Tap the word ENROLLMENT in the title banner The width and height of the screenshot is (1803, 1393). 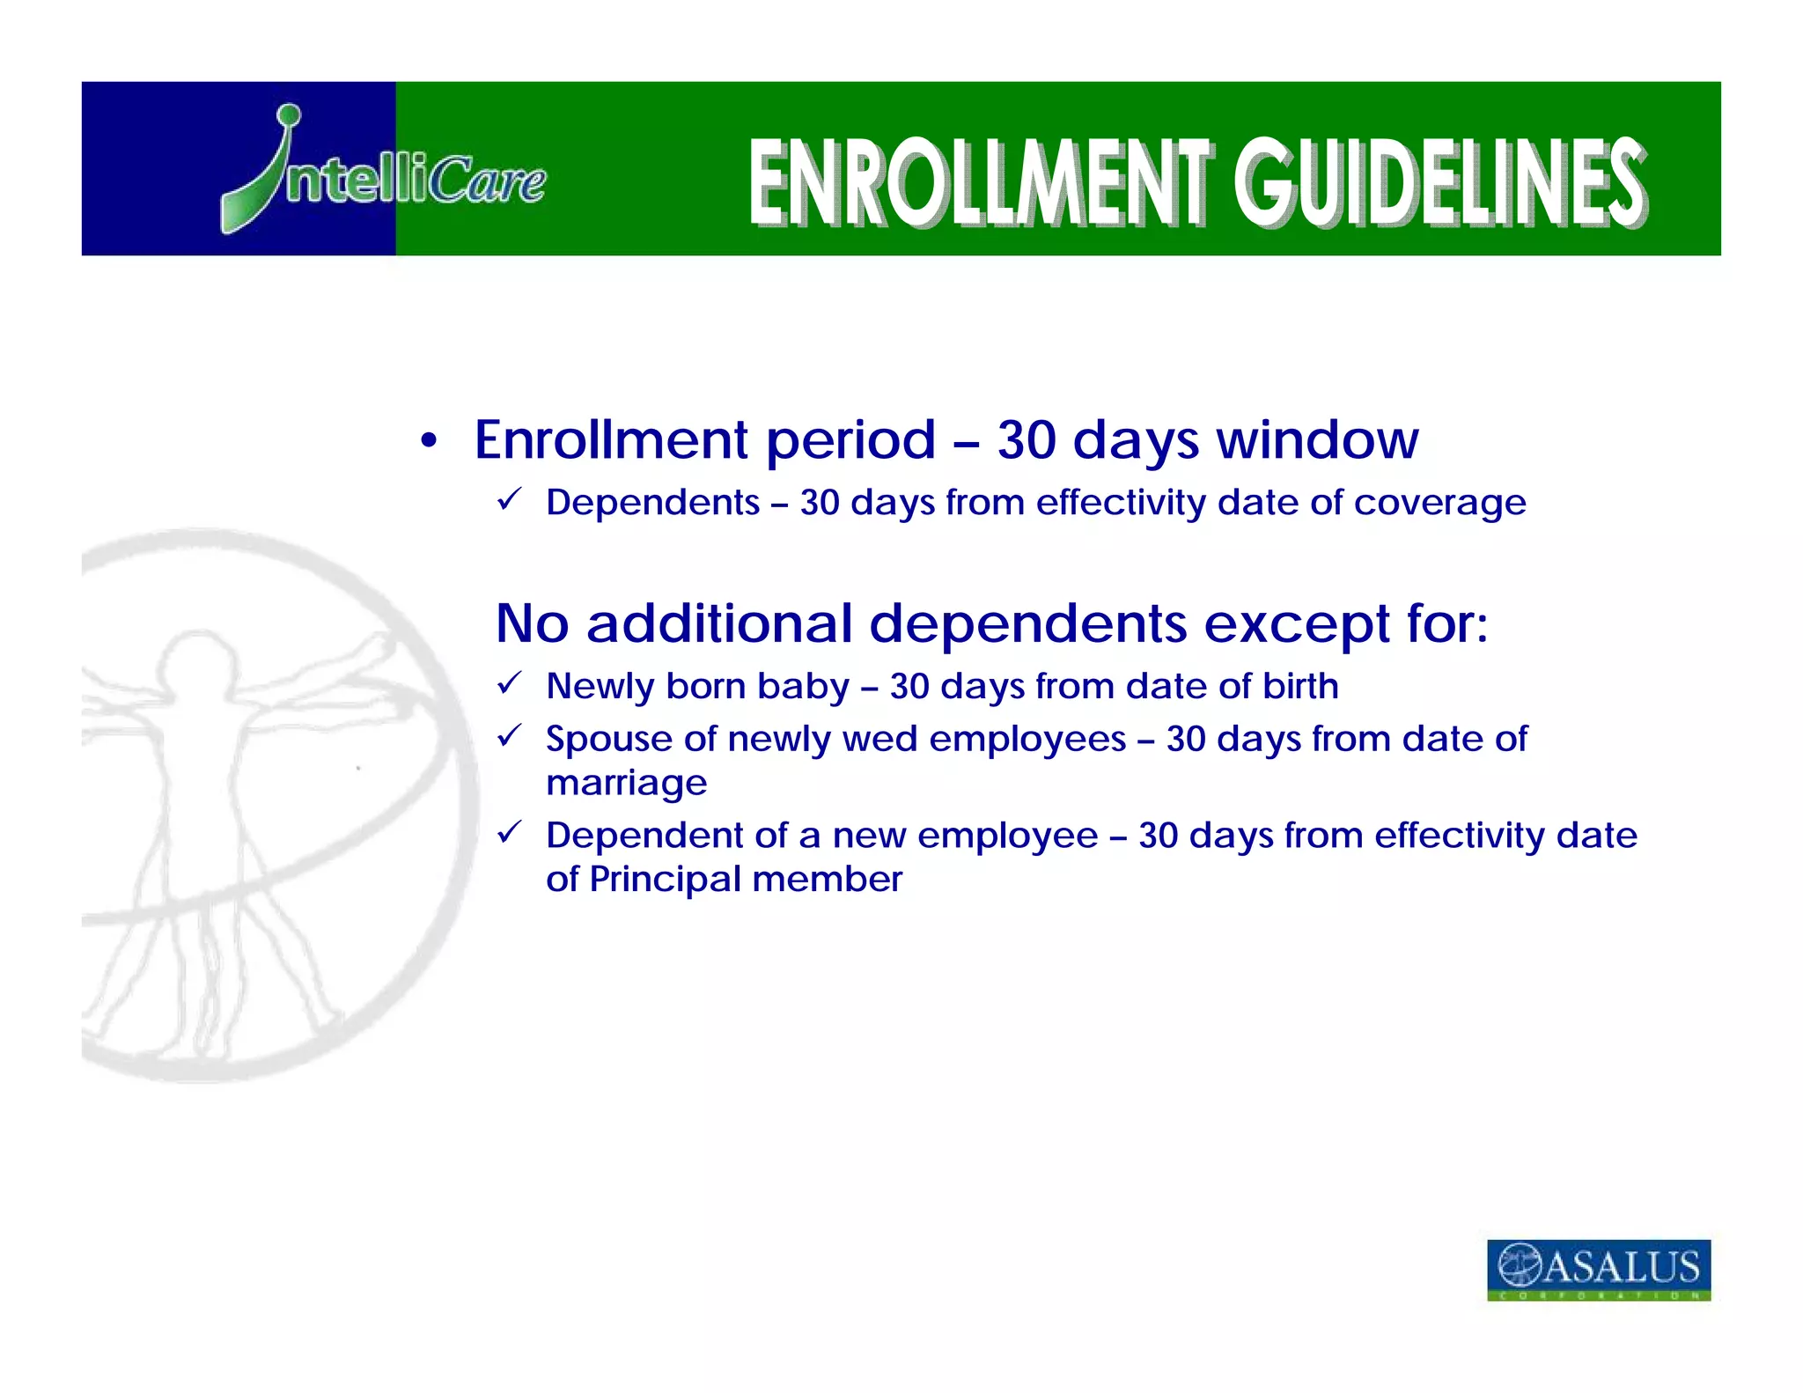click(981, 182)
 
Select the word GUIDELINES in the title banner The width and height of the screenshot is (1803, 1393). click(1439, 182)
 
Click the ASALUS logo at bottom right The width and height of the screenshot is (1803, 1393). click(1598, 1269)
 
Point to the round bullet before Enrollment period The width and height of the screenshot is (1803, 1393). click(429, 440)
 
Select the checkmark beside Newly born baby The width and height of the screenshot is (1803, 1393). click(510, 683)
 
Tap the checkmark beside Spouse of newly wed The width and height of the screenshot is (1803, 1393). click(510, 736)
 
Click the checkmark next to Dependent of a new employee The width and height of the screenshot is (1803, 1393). click(510, 832)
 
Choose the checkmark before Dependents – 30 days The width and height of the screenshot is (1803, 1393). click(510, 500)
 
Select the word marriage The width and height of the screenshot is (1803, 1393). click(626, 784)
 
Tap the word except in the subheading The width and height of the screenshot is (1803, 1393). click(1296, 624)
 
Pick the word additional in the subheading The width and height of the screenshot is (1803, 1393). click(719, 623)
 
